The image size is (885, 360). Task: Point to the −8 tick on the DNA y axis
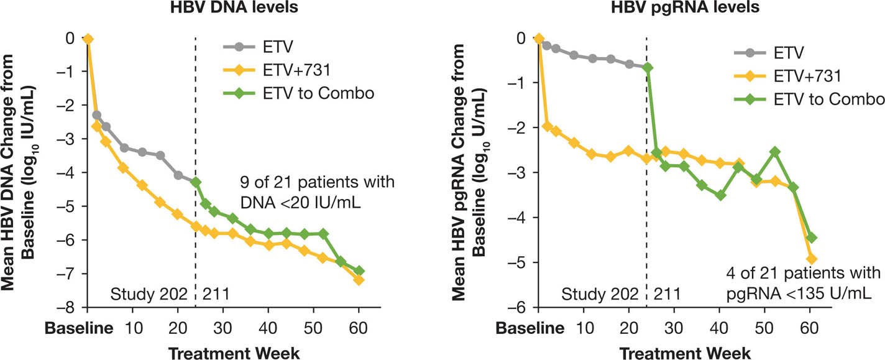pos(70,308)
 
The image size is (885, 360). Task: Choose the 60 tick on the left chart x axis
pos(359,326)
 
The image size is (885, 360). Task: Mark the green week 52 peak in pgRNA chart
pos(774,152)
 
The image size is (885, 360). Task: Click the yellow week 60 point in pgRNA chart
pos(811,259)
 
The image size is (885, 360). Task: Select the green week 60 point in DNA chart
pos(359,271)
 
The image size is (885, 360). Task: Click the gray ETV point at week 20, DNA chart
pos(178,175)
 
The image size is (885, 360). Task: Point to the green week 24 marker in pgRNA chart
pos(647,68)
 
